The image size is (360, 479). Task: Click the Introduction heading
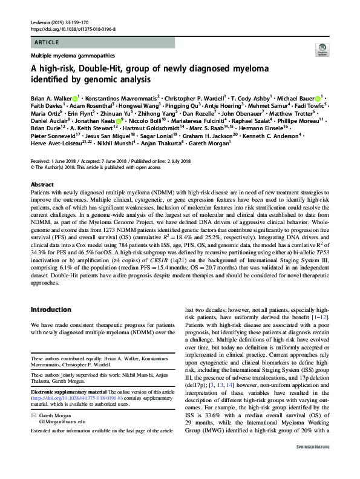click(x=54, y=309)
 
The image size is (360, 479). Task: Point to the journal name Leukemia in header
click(x=40, y=22)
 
